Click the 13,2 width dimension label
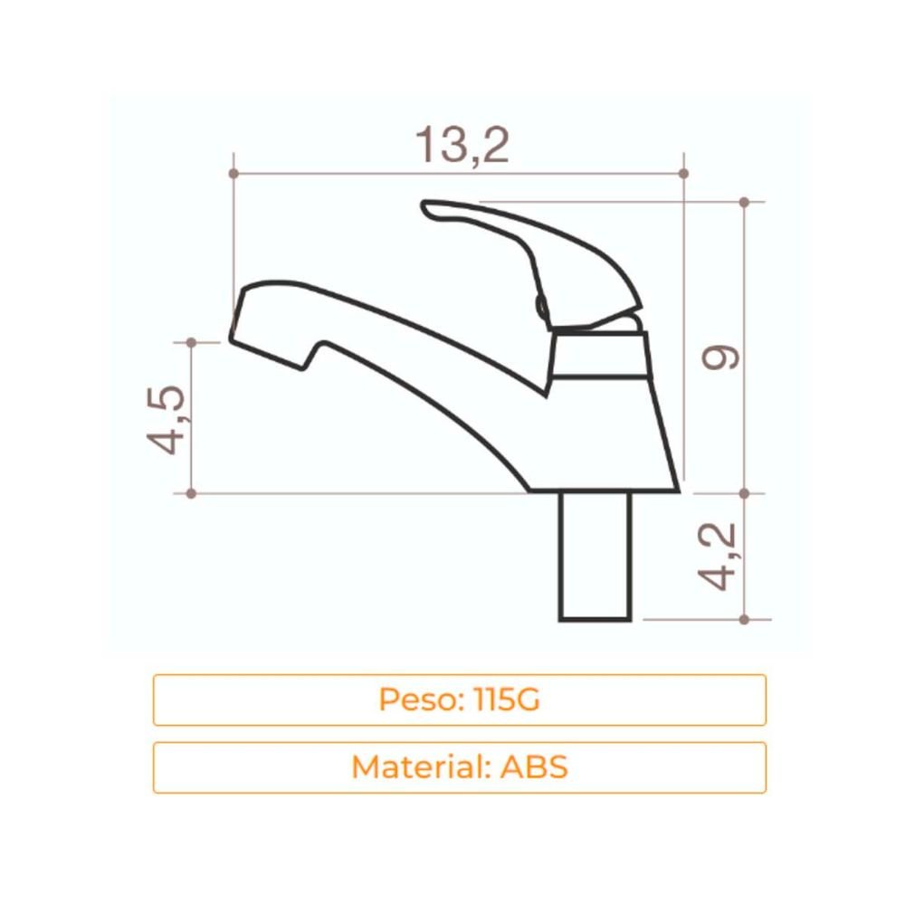462,145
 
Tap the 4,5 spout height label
167,420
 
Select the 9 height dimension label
721,357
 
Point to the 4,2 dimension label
717,557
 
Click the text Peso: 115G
460,700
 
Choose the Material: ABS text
460,767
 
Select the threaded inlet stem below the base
595,557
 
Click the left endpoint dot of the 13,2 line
233,173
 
